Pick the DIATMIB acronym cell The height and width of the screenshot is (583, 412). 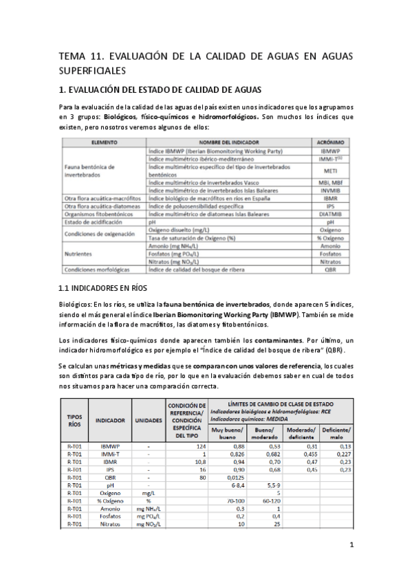[x=330, y=214]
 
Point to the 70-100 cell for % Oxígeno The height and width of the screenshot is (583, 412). [x=236, y=501]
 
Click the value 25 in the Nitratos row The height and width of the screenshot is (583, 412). [x=277, y=524]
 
